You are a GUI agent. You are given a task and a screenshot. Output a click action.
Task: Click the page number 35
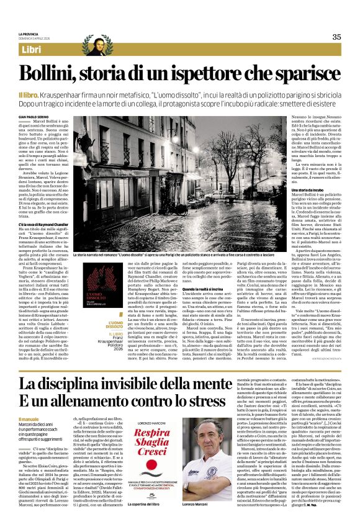(x=336, y=37)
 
